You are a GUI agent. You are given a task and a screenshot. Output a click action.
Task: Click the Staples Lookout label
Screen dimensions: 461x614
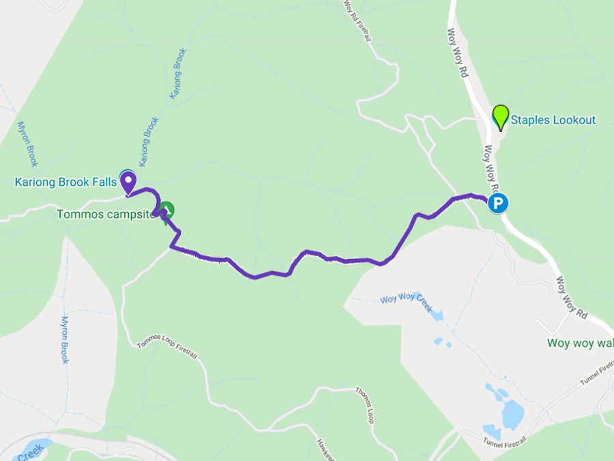[553, 120]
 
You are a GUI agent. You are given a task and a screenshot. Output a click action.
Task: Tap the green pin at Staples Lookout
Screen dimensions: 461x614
[501, 116]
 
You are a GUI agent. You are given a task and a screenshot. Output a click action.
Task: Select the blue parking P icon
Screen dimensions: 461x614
[499, 203]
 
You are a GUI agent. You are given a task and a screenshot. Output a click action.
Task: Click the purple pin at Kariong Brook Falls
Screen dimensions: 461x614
[128, 182]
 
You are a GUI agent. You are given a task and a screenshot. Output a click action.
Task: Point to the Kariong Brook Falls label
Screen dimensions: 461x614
[65, 182]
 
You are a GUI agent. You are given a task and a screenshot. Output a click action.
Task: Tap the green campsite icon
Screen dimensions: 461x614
[166, 210]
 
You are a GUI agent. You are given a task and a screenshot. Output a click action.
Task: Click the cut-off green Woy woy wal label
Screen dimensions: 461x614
[580, 343]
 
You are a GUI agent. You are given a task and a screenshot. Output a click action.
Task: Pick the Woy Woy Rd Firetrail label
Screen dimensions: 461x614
[357, 20]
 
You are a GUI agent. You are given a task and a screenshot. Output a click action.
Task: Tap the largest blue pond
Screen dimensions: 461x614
[512, 413]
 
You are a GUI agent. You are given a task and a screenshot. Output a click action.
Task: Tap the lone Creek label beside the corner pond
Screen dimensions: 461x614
[31, 451]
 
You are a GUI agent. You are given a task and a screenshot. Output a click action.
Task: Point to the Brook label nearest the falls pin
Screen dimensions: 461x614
[149, 142]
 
